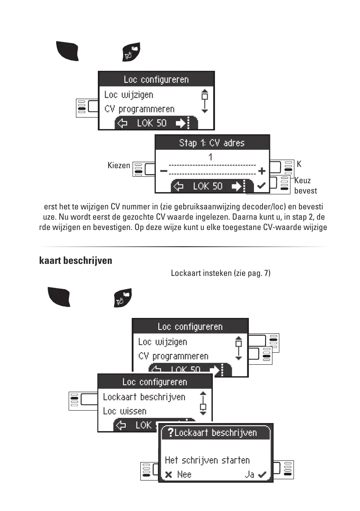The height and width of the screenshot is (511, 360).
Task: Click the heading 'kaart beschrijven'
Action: click(76, 260)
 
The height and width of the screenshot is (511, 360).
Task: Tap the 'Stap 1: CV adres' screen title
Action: click(212, 143)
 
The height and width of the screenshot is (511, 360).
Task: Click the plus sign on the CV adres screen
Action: click(262, 171)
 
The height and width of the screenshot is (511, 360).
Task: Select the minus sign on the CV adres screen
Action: click(163, 171)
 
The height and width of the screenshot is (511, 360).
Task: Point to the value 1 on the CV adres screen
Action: click(211, 157)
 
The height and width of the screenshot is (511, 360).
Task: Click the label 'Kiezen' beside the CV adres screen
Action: click(119, 165)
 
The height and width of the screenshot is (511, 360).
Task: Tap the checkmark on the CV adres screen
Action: click(260, 186)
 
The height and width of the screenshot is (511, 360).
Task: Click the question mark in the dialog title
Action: click(170, 432)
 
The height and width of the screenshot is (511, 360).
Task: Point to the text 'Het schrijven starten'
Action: click(207, 460)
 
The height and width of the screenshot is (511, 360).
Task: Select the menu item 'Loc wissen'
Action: click(124, 411)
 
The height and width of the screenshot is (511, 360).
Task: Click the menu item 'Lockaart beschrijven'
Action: click(144, 397)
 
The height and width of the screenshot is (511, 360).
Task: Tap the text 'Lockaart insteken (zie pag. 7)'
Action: click(221, 273)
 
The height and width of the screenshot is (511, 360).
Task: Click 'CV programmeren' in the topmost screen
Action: click(145, 109)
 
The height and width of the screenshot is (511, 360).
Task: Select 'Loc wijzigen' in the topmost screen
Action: click(129, 94)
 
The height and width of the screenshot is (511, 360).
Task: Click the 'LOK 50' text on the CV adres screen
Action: click(208, 186)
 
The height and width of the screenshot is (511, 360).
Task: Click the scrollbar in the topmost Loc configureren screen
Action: click(205, 101)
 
